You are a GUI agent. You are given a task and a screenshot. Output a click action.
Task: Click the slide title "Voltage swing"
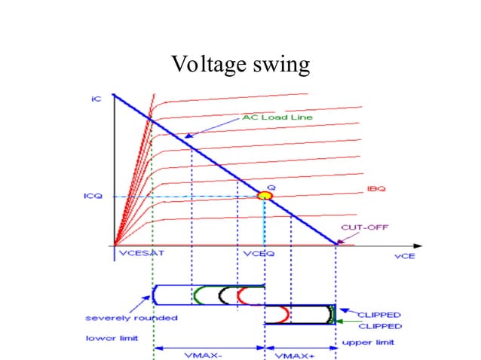click(x=240, y=65)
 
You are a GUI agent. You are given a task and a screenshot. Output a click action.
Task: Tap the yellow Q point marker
click(x=264, y=196)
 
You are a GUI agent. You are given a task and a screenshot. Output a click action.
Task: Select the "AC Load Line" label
click(x=268, y=117)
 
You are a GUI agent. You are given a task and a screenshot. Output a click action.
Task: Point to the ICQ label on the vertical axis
click(x=93, y=196)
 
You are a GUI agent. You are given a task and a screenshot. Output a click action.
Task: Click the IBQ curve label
click(x=375, y=189)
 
